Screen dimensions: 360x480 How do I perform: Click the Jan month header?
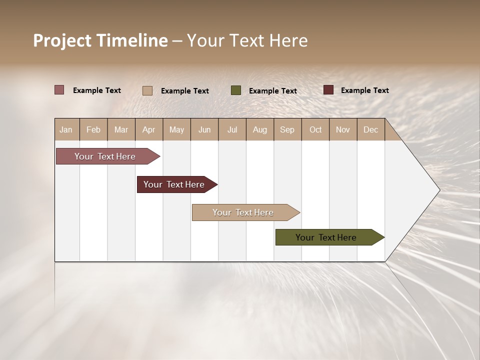(x=66, y=129)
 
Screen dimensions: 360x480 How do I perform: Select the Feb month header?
(x=93, y=129)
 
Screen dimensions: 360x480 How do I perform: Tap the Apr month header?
(x=149, y=129)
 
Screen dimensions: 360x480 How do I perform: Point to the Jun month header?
(x=204, y=129)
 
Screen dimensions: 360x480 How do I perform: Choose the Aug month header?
(x=260, y=129)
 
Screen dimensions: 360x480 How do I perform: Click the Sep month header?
(x=287, y=129)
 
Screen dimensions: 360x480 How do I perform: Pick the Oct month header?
(x=315, y=129)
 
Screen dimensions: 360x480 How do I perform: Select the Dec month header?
(x=371, y=129)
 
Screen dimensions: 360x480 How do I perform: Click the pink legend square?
(x=59, y=90)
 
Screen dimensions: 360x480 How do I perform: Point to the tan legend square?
(x=147, y=90)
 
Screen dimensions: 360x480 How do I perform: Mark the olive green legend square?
(x=236, y=90)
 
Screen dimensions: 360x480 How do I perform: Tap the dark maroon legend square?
(x=328, y=90)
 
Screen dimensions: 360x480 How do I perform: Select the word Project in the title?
(x=62, y=40)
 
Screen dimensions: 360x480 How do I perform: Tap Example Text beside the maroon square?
(x=364, y=90)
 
